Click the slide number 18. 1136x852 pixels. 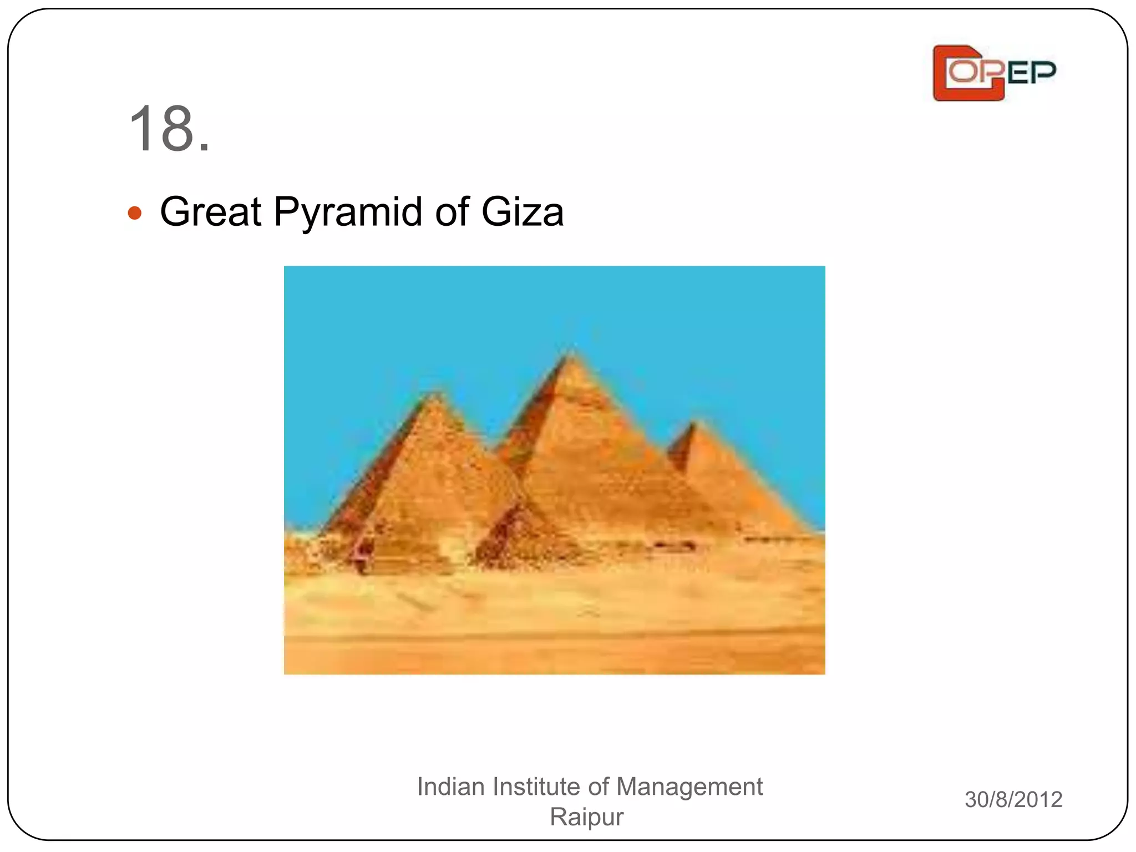[x=169, y=129]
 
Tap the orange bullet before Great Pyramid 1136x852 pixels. [x=134, y=213]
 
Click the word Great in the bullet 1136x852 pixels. [x=210, y=212]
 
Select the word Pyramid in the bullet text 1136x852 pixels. [x=348, y=213]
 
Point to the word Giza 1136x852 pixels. [x=522, y=212]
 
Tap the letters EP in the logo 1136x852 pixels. [x=1032, y=73]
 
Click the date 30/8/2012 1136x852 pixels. [x=1013, y=799]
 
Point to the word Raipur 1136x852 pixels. [x=586, y=816]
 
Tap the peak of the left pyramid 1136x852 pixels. [x=435, y=394]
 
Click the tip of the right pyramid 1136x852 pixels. [x=693, y=424]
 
